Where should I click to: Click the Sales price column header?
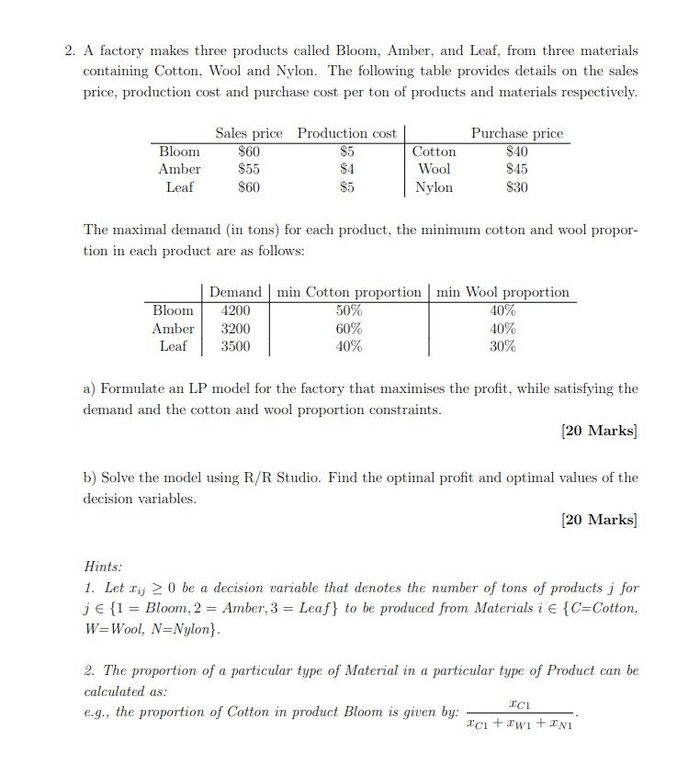249,133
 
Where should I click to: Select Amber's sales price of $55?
249,169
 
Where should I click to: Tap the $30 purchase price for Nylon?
517,187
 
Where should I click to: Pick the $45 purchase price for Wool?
517,169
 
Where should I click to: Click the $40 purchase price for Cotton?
517,152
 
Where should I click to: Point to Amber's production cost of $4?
346,169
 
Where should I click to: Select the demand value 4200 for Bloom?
235,310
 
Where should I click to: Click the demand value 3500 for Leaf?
235,346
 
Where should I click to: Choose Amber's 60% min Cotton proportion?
349,329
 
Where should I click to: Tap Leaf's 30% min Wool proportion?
502,346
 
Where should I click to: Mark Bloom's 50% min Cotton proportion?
349,310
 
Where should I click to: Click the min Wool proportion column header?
502,292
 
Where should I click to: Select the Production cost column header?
346,133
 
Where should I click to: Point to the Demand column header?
235,292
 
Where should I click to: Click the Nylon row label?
434,187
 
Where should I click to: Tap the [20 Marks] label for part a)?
599,431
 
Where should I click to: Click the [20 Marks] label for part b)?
599,520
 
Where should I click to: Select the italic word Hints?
103,567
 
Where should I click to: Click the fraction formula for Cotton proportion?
520,713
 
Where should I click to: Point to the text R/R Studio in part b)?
275,477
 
